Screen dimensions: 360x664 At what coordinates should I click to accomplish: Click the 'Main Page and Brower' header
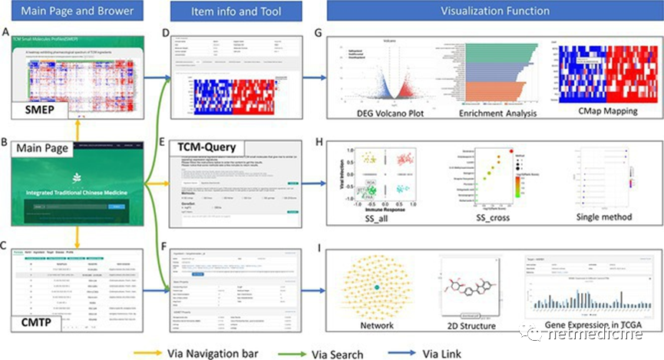click(72, 12)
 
